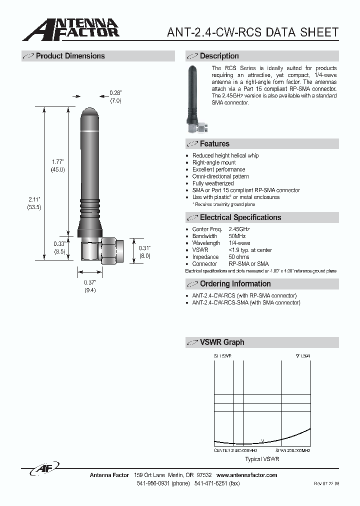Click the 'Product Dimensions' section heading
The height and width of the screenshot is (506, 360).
(70, 56)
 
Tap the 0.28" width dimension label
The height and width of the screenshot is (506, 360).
(115, 93)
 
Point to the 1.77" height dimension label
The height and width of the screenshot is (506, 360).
(58, 161)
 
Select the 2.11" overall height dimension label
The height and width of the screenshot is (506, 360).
(34, 199)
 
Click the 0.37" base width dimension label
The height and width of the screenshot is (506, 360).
(90, 282)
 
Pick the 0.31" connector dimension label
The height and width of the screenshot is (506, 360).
(144, 248)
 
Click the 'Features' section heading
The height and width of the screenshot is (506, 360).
(214, 144)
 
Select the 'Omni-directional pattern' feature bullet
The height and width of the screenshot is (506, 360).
(220, 176)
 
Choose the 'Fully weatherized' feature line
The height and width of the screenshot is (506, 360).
(212, 183)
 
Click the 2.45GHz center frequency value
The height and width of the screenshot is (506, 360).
(239, 229)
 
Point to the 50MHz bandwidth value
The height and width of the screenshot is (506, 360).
(237, 236)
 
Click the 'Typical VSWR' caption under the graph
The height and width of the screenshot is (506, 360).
(262, 459)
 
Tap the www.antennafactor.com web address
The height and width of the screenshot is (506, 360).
(247, 475)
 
